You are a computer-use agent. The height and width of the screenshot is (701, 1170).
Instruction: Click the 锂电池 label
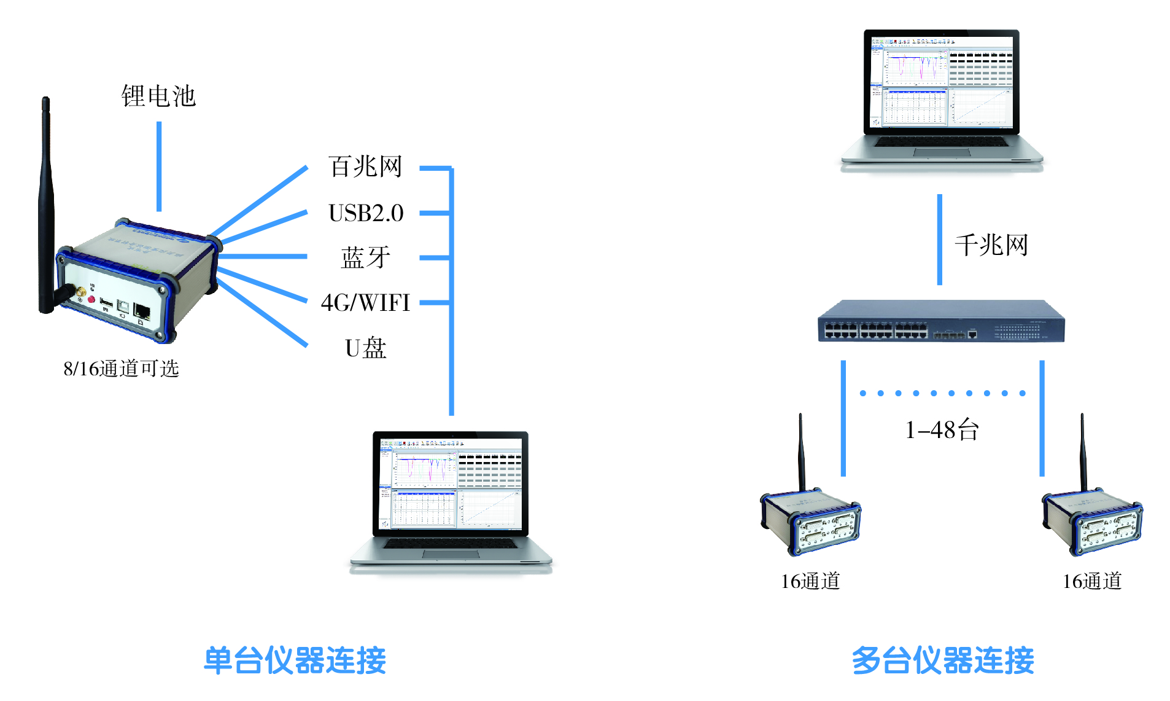[158, 96]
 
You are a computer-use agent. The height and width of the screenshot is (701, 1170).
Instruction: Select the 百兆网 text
[365, 166]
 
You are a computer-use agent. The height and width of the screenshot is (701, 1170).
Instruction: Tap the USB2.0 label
[366, 213]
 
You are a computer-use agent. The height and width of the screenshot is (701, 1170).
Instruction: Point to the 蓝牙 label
[366, 257]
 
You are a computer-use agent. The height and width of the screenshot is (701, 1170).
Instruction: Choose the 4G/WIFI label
[365, 303]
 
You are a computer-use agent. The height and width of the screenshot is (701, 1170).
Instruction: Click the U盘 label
[366, 348]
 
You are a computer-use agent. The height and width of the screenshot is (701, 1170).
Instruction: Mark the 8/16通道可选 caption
[121, 369]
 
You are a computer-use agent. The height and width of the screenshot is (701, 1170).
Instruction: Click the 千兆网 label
[991, 245]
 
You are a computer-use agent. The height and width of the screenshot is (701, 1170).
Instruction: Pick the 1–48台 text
[942, 429]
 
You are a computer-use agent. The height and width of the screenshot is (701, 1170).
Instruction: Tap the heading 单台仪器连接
[295, 660]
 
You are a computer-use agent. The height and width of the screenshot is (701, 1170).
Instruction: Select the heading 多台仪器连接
[942, 660]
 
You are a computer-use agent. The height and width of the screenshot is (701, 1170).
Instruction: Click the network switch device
[940, 321]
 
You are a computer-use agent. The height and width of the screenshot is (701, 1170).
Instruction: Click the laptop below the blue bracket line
[451, 498]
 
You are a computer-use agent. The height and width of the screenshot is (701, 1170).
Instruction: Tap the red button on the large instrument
[91, 299]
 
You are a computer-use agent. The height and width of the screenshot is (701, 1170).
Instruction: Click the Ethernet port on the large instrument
[142, 310]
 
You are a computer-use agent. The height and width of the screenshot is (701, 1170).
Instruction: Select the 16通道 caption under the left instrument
[810, 581]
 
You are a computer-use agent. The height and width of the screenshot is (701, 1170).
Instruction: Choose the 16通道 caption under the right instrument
[1092, 581]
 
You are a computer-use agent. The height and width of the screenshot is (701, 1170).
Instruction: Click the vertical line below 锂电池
[159, 166]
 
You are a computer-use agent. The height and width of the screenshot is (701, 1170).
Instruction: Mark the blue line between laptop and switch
[939, 240]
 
